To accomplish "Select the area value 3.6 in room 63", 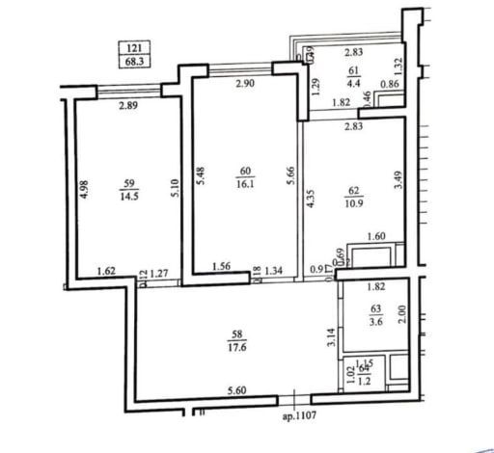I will pyautogui.click(x=376, y=324).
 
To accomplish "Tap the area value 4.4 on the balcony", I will pyautogui.click(x=354, y=84).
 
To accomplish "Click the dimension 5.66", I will pyautogui.click(x=287, y=179).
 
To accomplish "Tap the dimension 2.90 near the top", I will pyautogui.click(x=243, y=86).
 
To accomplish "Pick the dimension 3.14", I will pyautogui.click(x=331, y=337).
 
